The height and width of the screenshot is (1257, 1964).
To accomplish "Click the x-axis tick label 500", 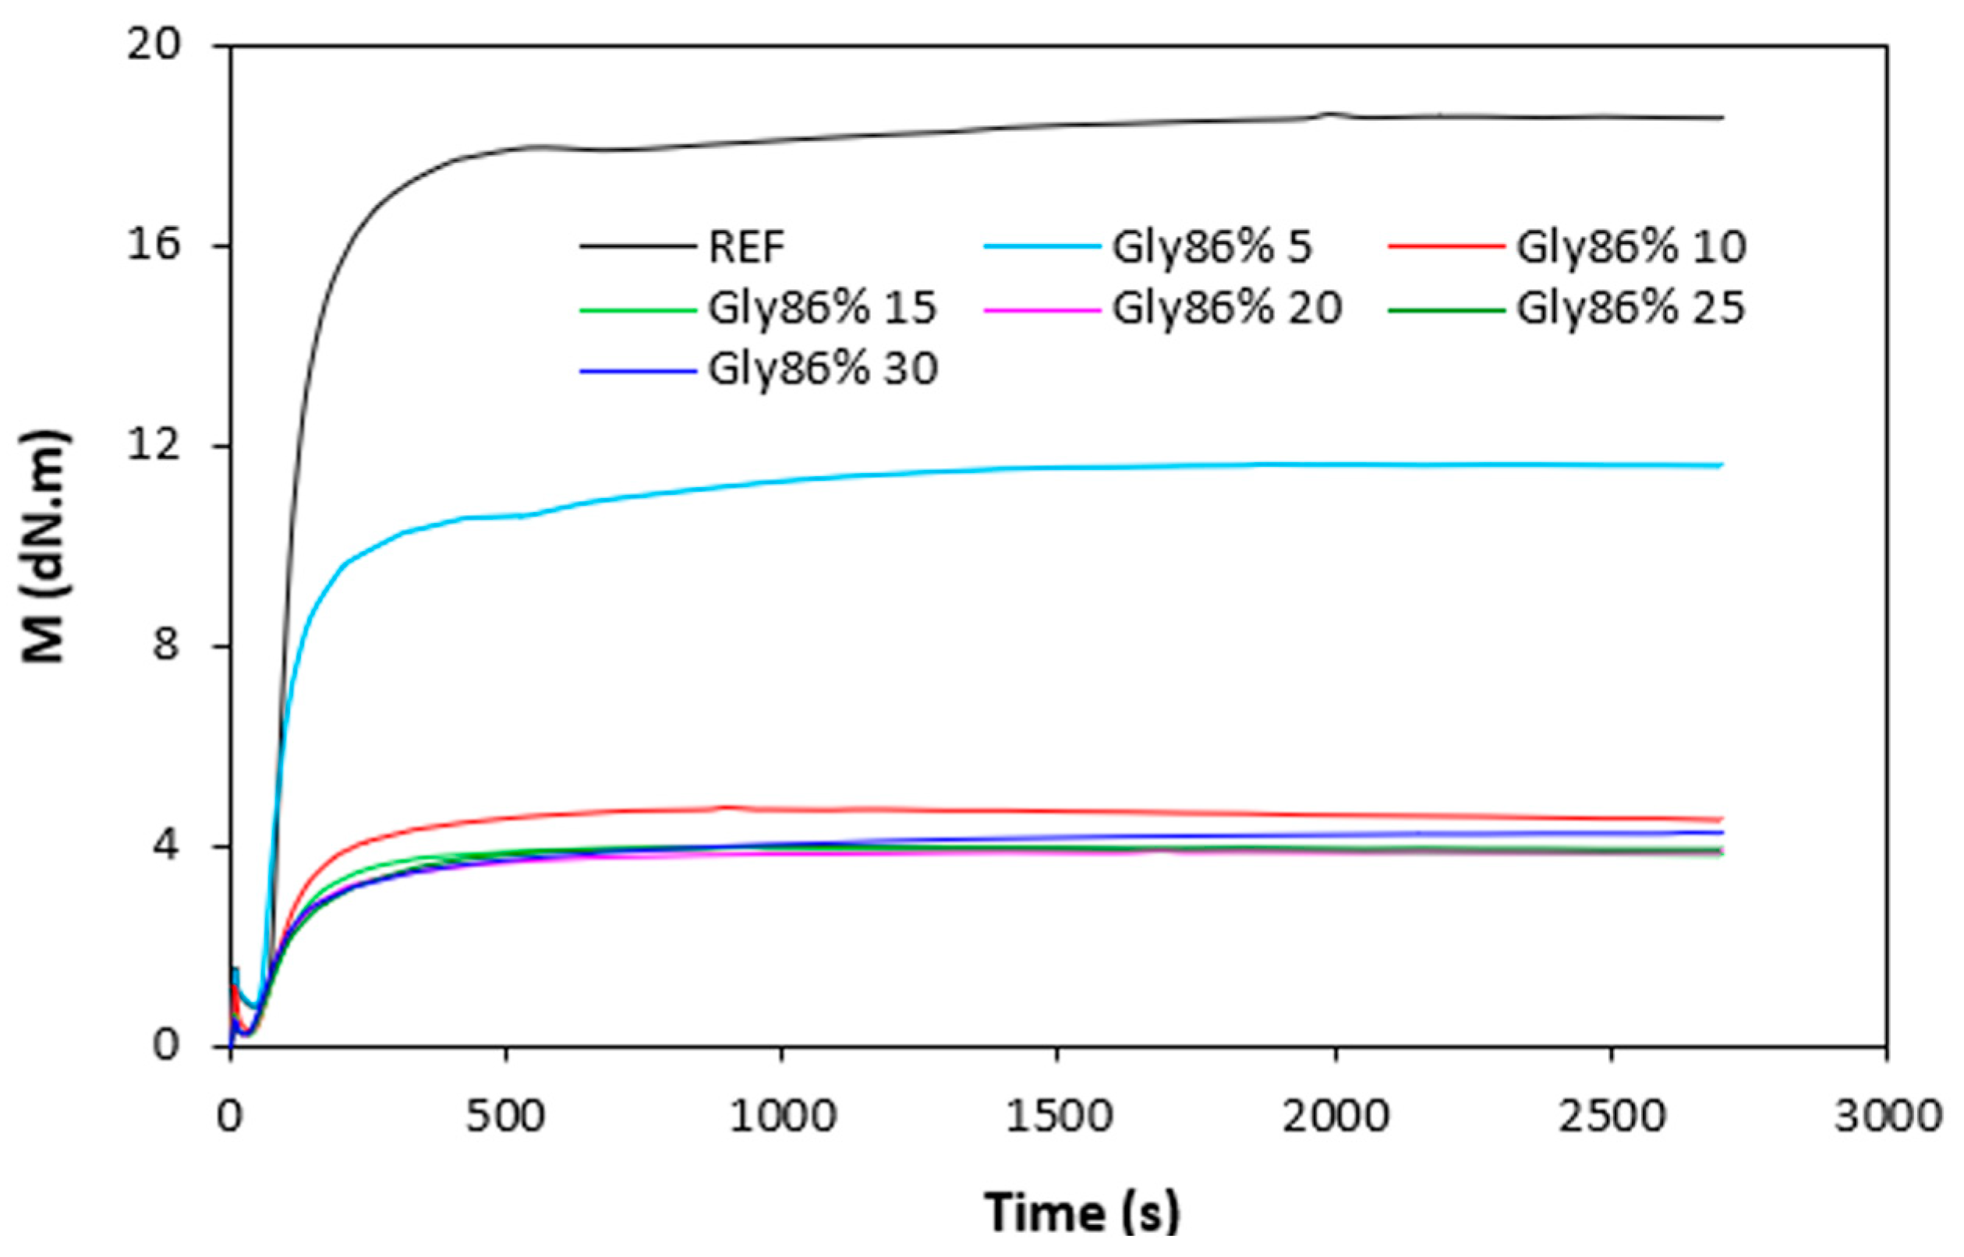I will (x=505, y=1116).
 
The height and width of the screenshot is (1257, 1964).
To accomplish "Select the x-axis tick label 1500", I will (x=1057, y=1116).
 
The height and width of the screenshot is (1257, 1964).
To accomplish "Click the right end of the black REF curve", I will (x=1722, y=118).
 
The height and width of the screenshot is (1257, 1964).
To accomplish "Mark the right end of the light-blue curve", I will (x=1722, y=465).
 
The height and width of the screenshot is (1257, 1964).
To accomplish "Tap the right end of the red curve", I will (x=1722, y=820).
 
